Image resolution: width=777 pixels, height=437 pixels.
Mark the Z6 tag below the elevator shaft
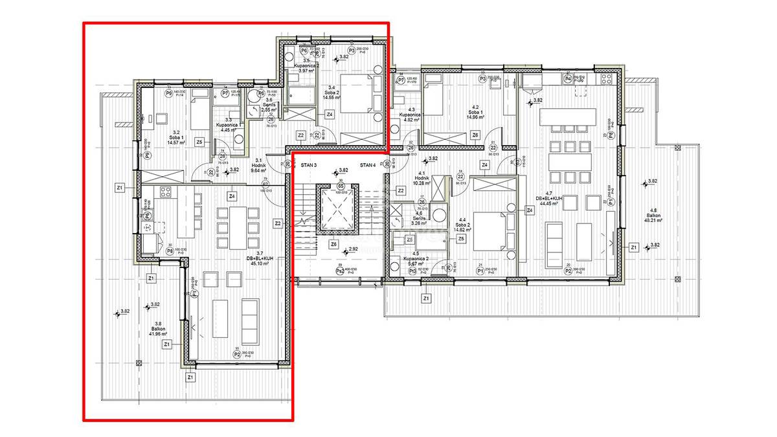[334, 244]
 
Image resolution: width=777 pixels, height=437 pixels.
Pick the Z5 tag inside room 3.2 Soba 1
[199, 142]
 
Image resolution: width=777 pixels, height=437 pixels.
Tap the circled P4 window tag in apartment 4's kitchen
[568, 79]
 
